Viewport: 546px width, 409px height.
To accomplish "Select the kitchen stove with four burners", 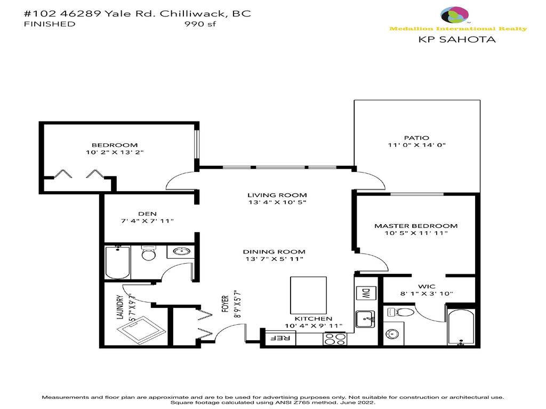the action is coord(335,339).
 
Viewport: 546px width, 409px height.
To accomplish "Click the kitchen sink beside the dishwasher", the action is coord(365,319).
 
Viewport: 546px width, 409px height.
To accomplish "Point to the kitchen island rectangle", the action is coord(308,296).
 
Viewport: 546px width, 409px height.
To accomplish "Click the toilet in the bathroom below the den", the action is coord(149,253).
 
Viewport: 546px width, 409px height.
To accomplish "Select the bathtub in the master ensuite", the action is coord(461,327).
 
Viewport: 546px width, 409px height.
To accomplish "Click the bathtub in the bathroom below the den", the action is coord(118,263).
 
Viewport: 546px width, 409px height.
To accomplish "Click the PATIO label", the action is coord(416,138).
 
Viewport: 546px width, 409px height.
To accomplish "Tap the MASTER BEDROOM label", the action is coord(416,226).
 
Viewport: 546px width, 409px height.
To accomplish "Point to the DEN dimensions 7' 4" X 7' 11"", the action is coord(147,221).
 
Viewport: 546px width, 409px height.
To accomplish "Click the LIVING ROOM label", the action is coord(277,195).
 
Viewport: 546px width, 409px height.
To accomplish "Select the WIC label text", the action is coord(427,287).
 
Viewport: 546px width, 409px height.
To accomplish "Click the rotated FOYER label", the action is coord(226,304).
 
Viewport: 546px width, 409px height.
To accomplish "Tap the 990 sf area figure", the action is coord(200,24).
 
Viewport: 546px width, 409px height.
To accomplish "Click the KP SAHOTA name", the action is coord(457,39).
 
